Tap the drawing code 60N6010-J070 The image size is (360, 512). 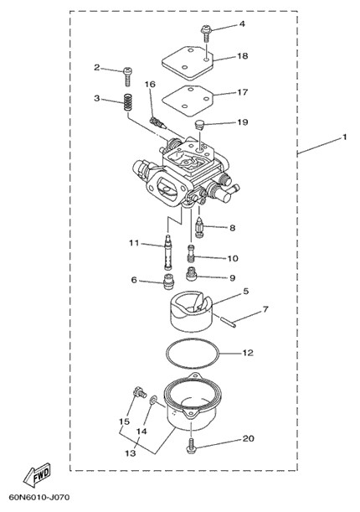pyautogui.click(x=39, y=497)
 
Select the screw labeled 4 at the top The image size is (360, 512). pyautogui.click(x=206, y=34)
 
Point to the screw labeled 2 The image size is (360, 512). pyautogui.click(x=127, y=76)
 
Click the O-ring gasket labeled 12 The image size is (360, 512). pyautogui.click(x=192, y=354)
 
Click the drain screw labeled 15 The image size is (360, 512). pyautogui.click(x=140, y=391)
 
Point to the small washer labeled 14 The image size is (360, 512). pyautogui.click(x=153, y=400)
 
